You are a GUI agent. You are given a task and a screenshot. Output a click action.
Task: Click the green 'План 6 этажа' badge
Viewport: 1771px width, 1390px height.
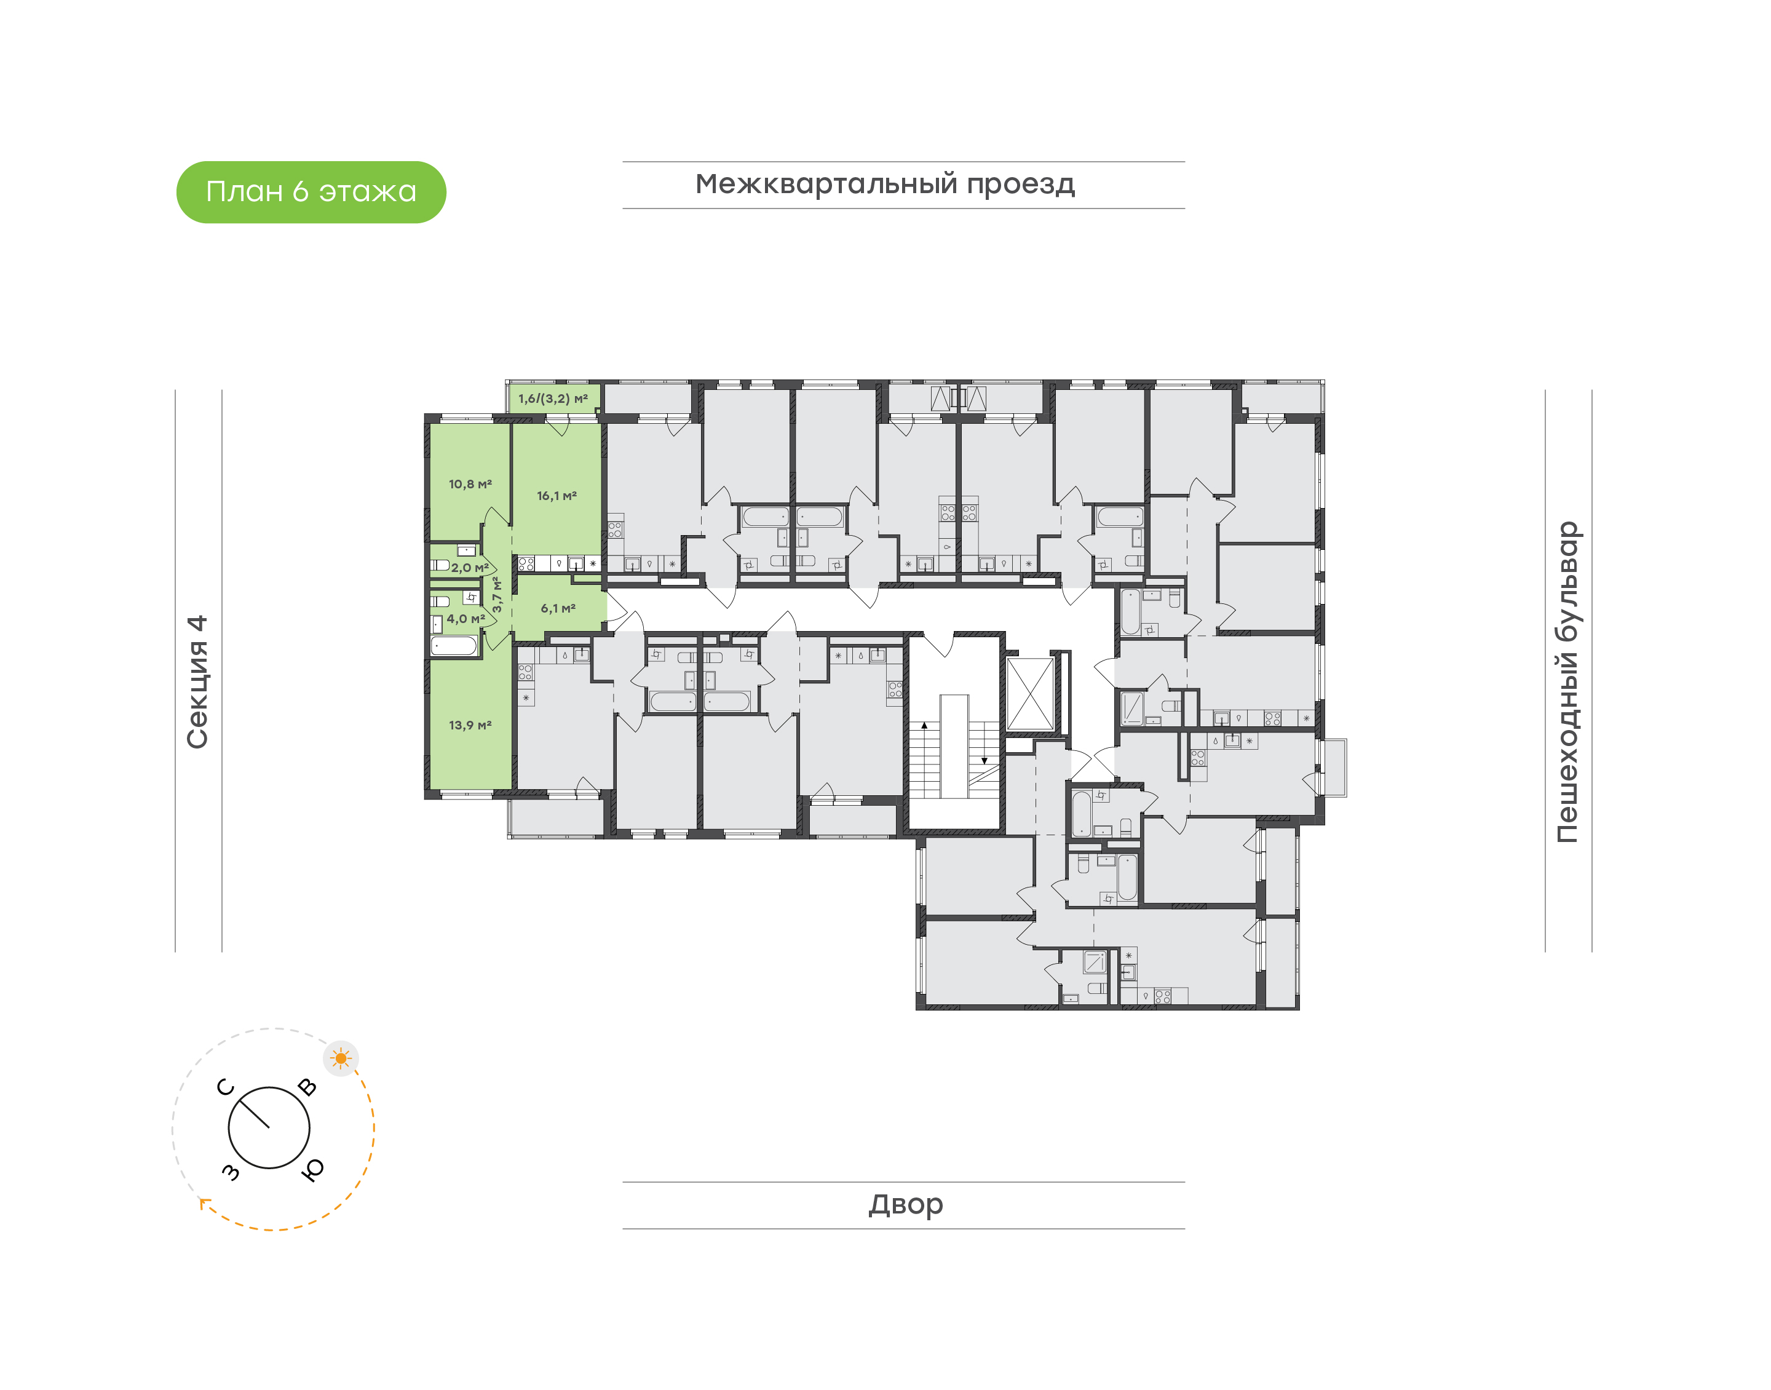coord(311,192)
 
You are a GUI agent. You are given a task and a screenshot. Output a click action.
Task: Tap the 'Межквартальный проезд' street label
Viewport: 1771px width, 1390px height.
coord(884,185)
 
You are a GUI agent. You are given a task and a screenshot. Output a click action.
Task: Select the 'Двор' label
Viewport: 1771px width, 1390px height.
coord(905,1204)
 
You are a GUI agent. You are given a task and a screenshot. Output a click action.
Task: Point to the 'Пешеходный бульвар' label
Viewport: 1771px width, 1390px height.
coord(1567,682)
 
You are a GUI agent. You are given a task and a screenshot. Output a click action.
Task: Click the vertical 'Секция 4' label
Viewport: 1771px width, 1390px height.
coord(197,682)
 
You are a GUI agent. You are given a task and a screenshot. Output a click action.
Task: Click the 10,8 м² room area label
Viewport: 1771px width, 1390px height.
coord(470,484)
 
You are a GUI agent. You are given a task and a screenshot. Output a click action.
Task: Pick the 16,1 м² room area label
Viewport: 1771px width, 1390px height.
coord(557,496)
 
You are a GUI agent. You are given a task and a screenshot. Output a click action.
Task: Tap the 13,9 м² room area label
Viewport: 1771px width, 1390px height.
coord(470,725)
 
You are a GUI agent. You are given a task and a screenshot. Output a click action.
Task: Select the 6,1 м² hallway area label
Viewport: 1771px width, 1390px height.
coord(558,608)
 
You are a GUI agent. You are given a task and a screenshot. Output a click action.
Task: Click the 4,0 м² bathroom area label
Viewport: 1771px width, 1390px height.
coord(466,619)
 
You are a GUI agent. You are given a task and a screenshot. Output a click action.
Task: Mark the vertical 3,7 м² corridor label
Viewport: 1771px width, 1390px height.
coord(496,595)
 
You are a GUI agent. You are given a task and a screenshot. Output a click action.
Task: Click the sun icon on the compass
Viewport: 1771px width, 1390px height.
coord(341,1058)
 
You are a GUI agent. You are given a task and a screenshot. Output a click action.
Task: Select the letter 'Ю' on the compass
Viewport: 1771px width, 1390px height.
coord(312,1169)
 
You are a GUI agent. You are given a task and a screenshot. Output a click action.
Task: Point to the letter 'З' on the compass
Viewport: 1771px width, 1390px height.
coord(231,1171)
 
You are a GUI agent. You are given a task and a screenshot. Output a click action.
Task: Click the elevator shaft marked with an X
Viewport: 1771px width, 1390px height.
coord(1030,694)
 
